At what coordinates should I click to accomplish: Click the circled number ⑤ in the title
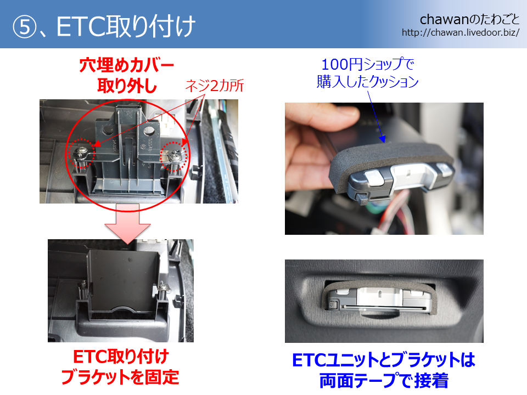tap(24, 27)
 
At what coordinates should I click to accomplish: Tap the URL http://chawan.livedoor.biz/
tap(461, 32)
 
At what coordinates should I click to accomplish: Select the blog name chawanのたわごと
tap(469, 20)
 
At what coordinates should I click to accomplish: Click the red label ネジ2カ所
tap(215, 86)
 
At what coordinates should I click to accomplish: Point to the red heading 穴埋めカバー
tap(127, 65)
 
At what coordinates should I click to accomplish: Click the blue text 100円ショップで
tap(368, 64)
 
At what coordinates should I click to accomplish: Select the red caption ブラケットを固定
tap(120, 376)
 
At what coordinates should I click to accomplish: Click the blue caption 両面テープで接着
tap(384, 381)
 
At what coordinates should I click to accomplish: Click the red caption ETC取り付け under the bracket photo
tap(121, 357)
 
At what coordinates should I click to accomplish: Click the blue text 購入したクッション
tap(368, 82)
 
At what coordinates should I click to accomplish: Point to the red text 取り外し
tap(127, 86)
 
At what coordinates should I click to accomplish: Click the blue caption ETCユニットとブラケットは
tap(384, 360)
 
